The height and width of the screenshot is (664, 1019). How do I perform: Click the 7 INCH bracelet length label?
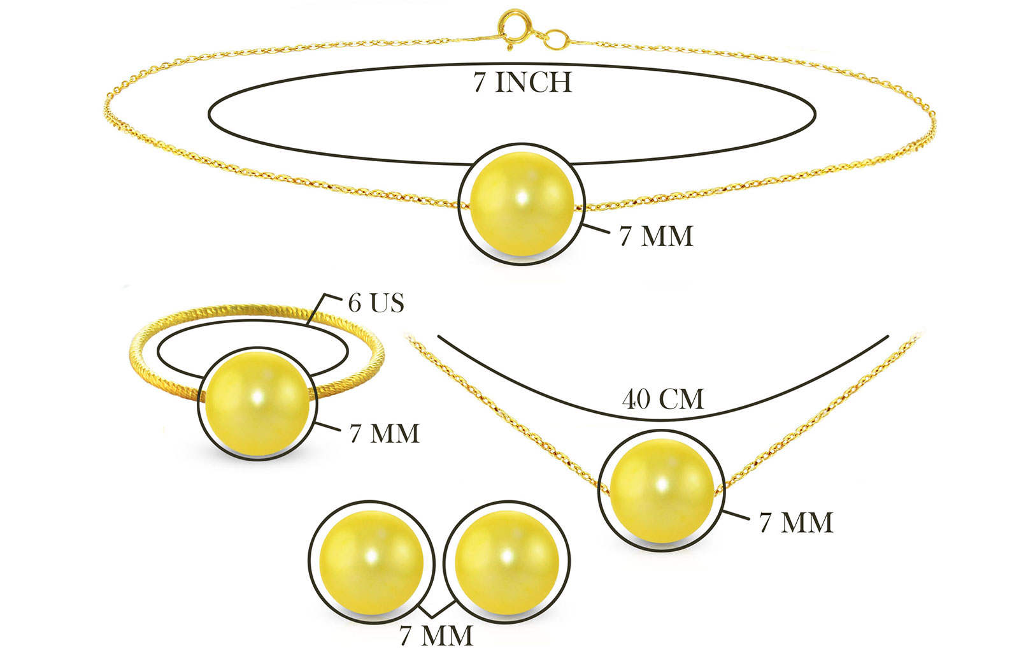[x=522, y=82]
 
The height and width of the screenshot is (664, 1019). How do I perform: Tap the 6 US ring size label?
[x=376, y=303]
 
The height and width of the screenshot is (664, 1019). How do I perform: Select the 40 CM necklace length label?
[x=663, y=399]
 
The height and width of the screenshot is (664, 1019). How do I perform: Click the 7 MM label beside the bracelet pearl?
[x=656, y=236]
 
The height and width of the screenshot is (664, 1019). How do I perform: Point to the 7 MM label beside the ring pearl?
[x=385, y=433]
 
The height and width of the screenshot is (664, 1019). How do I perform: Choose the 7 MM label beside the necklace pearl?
[x=796, y=522]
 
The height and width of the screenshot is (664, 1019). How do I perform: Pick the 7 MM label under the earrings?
[x=436, y=636]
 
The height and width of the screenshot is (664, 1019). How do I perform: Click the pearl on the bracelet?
[x=522, y=203]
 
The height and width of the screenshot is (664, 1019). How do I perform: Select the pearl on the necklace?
[x=662, y=491]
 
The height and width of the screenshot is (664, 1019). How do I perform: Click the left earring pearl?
[x=371, y=563]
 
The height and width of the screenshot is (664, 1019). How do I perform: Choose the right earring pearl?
[x=507, y=563]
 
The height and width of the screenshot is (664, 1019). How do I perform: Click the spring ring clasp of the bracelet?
[x=515, y=25]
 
